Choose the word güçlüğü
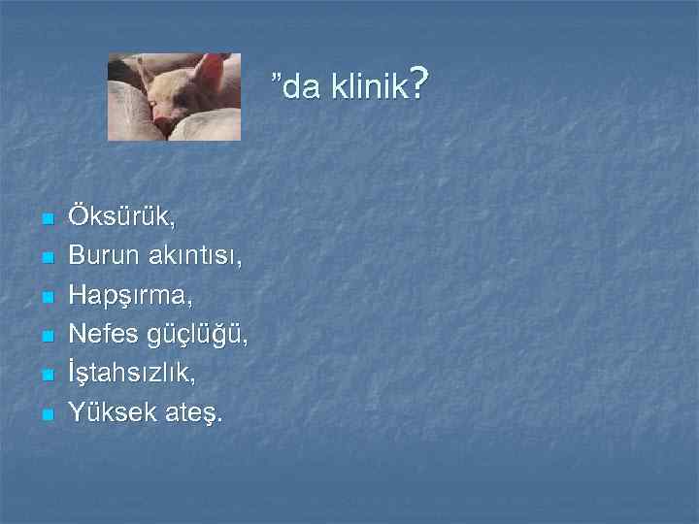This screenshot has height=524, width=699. (x=197, y=337)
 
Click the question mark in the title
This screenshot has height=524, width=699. (x=418, y=84)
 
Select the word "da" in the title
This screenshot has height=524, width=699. (x=297, y=88)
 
